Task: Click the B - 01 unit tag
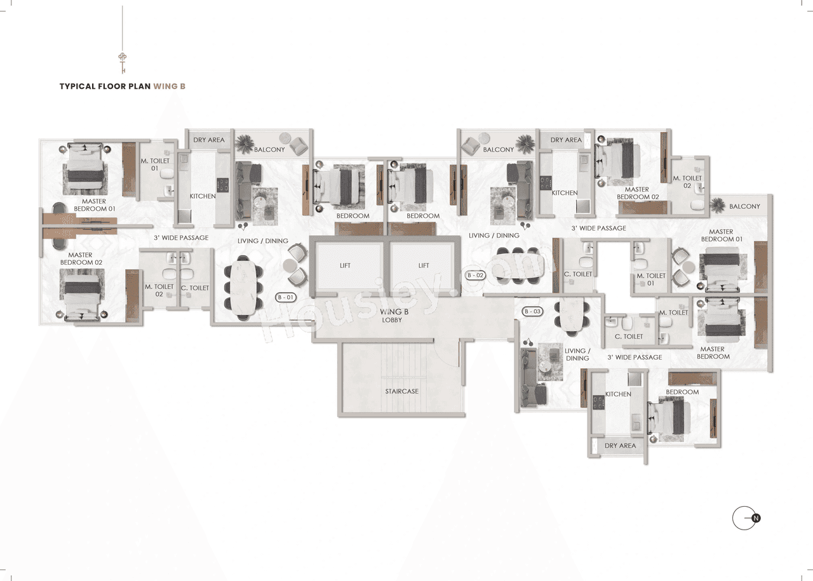point(286,297)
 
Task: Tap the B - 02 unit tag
point(476,276)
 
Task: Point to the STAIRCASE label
point(401,391)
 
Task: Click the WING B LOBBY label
point(393,316)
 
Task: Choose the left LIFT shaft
point(345,265)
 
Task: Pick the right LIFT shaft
point(424,265)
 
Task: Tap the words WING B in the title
point(169,86)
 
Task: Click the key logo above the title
point(123,62)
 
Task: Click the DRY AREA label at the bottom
point(620,446)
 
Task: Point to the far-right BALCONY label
point(744,206)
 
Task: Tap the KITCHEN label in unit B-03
point(618,394)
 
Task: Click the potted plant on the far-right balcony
point(718,204)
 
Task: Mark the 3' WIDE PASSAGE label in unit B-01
point(181,238)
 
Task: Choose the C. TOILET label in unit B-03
point(629,337)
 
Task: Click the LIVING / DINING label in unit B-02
point(494,236)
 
